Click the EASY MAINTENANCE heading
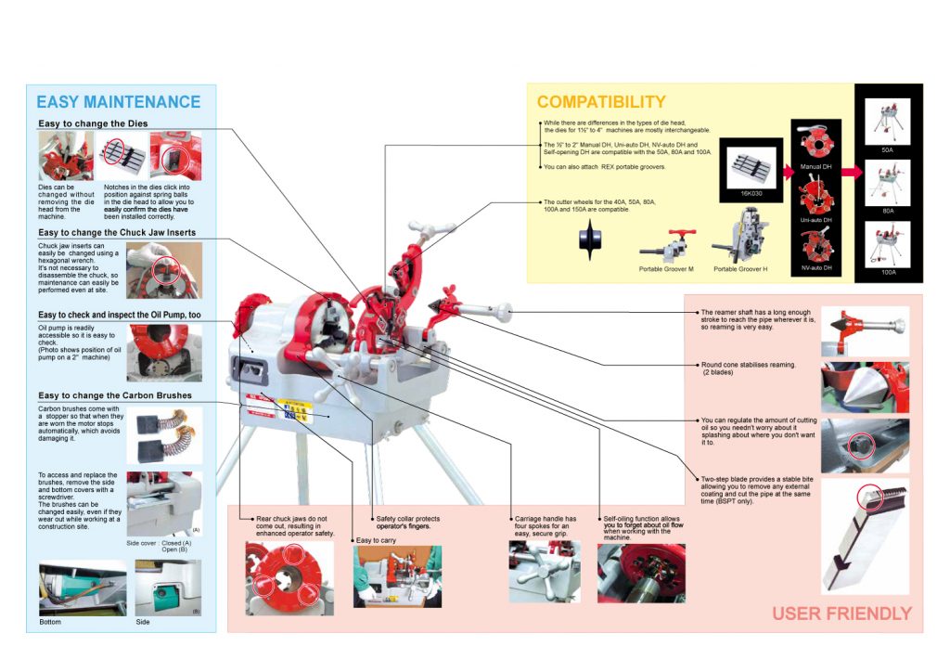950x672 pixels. [x=118, y=102]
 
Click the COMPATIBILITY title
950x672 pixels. [x=601, y=102]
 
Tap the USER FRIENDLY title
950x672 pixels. [x=841, y=614]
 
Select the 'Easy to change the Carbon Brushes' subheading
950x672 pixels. [x=115, y=395]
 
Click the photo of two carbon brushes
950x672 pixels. [x=163, y=435]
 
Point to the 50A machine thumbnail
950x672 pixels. [x=888, y=119]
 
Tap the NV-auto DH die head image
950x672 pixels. [x=816, y=243]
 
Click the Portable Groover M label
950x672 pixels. [x=665, y=269]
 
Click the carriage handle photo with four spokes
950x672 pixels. [x=544, y=572]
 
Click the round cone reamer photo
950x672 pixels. [x=865, y=387]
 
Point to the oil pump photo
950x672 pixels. [x=163, y=353]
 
